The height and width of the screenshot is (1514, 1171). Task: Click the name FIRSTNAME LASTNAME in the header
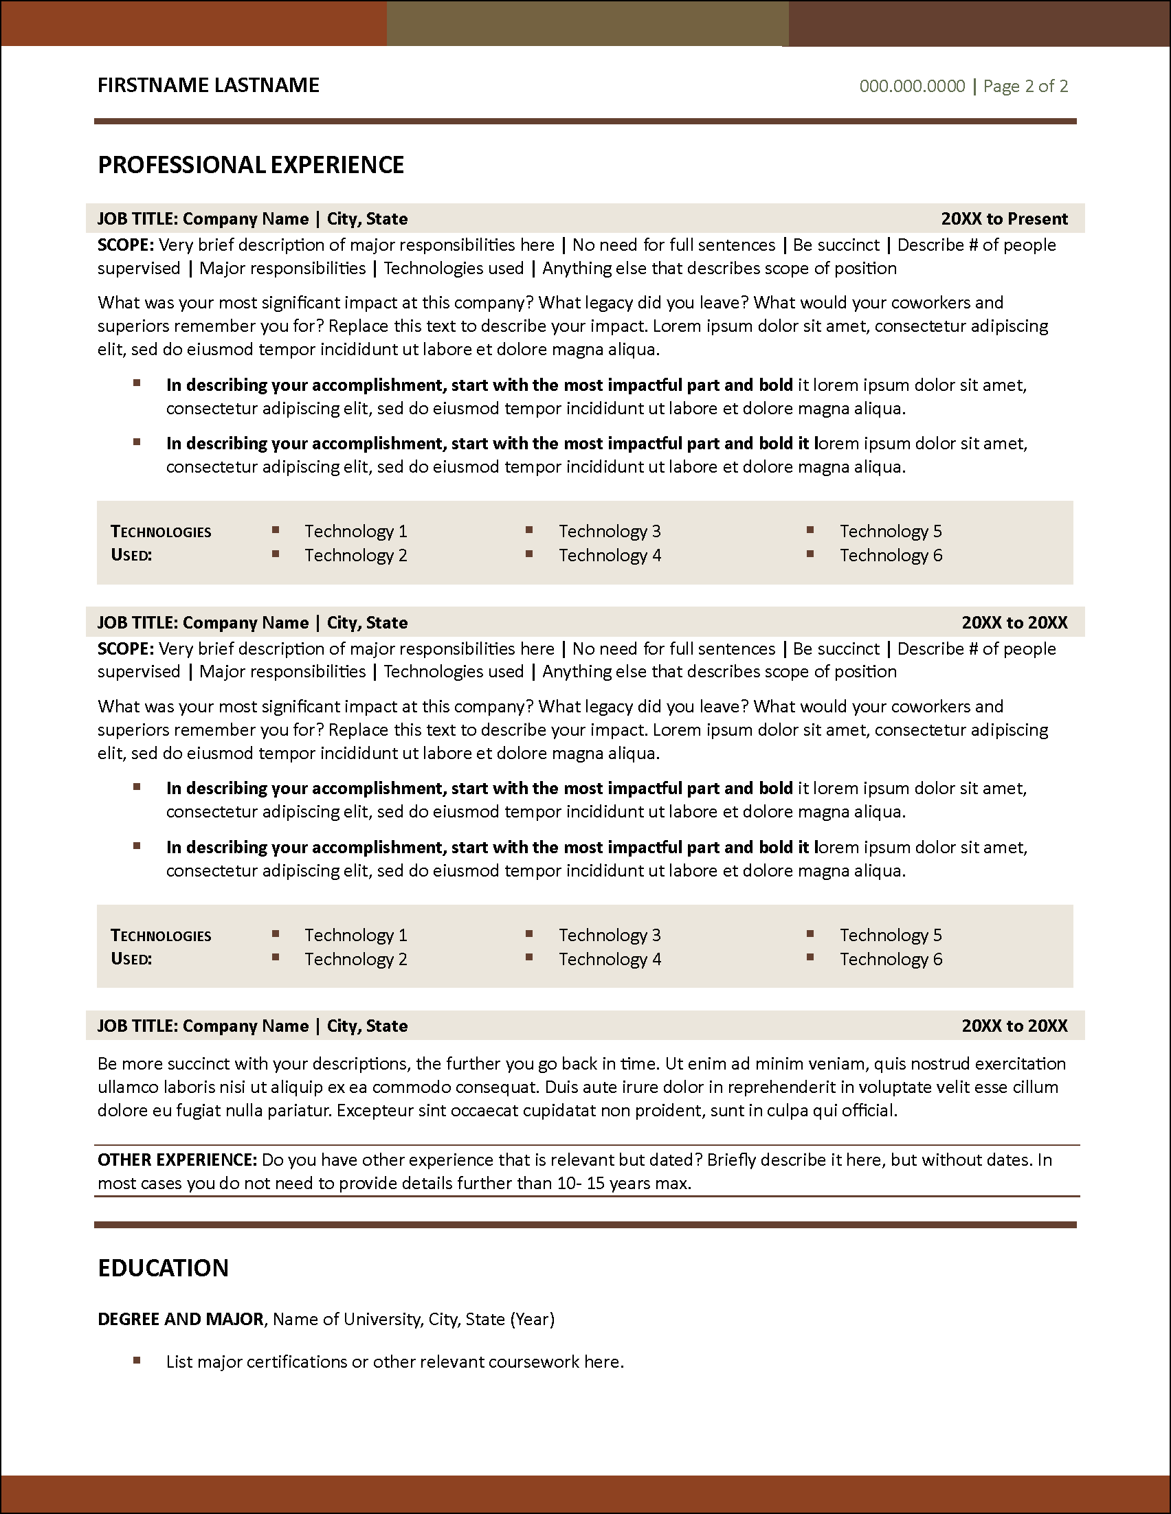(x=208, y=85)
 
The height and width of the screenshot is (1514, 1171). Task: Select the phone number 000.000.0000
(x=912, y=86)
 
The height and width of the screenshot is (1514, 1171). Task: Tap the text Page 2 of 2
(x=1025, y=86)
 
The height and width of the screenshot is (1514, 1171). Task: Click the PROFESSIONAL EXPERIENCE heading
(x=251, y=165)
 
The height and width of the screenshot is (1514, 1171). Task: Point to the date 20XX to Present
(x=1004, y=219)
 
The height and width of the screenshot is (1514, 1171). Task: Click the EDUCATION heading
(x=163, y=1268)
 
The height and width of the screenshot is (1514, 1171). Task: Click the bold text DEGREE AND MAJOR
(x=180, y=1319)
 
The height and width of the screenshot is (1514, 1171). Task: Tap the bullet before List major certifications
(x=137, y=1361)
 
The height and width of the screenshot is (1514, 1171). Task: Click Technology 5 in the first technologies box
(x=890, y=532)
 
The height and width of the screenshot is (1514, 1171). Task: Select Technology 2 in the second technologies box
(x=356, y=960)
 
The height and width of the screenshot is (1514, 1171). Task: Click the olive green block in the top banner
(x=588, y=23)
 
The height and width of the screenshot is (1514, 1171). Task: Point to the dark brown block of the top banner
(x=979, y=23)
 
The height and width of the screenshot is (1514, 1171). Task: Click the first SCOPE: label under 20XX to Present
(x=126, y=245)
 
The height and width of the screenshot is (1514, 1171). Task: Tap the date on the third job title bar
(x=1014, y=1026)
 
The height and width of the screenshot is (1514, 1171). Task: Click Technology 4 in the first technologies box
(x=610, y=555)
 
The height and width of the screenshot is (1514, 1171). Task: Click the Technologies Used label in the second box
(x=160, y=947)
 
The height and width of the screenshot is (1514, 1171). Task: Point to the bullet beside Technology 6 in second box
(x=810, y=958)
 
